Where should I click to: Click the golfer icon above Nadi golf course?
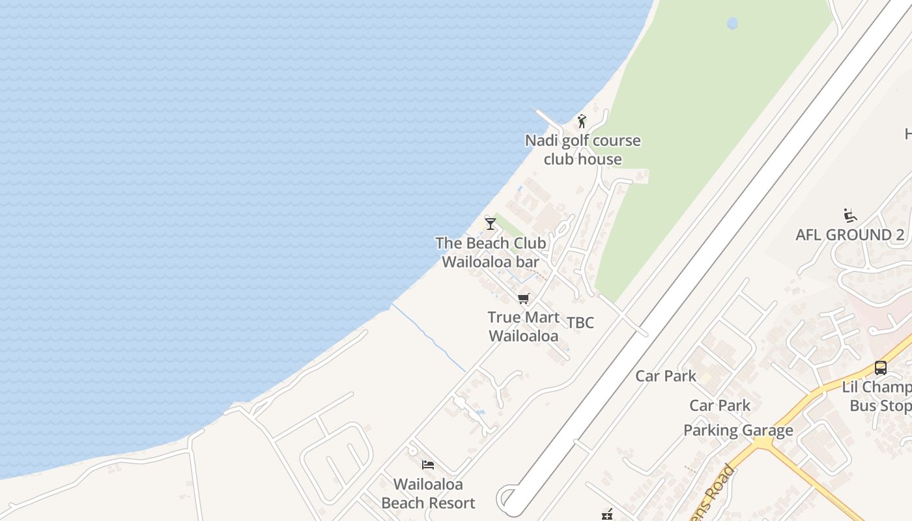(582, 121)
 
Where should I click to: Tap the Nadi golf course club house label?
(582, 150)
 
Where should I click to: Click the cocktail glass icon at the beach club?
(491, 224)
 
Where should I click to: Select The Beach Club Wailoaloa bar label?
(491, 252)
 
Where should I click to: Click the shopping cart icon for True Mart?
(523, 299)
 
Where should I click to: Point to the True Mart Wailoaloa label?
(523, 327)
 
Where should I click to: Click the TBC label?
(580, 323)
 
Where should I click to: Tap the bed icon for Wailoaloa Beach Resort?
(428, 465)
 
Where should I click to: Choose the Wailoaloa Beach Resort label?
(428, 494)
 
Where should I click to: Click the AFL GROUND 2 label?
(849, 235)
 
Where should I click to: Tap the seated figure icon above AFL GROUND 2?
(849, 216)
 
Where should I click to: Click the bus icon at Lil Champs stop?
(881, 368)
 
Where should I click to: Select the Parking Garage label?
(738, 430)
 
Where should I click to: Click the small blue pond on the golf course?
(732, 24)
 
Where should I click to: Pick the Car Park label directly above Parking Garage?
(720, 406)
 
